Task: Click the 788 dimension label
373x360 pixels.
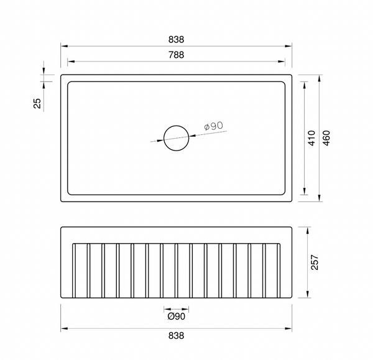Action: [x=177, y=55]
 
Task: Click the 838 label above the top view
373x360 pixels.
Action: [x=177, y=40]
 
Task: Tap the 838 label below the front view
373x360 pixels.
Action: [x=177, y=336]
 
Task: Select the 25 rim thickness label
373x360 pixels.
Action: [x=37, y=103]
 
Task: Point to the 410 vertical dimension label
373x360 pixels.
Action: [x=311, y=138]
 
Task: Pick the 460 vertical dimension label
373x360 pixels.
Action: [x=326, y=138]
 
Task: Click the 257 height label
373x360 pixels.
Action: [x=315, y=262]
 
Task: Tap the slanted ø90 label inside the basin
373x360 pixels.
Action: [x=214, y=126]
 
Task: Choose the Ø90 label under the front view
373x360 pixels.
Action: [x=177, y=316]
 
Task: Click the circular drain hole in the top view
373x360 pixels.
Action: [x=177, y=126]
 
